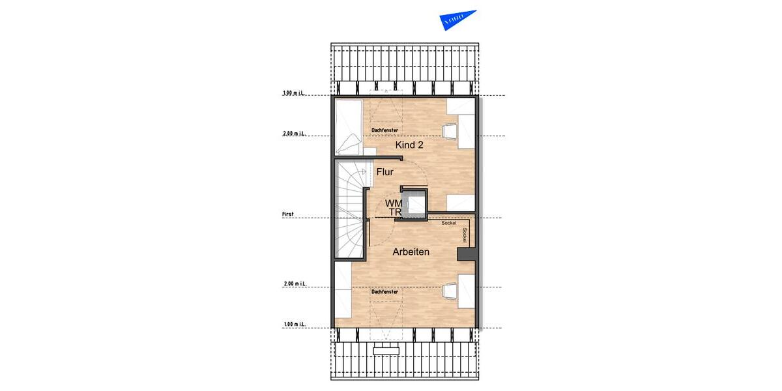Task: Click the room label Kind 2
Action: (409, 145)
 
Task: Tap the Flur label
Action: (385, 172)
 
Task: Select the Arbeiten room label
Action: (411, 252)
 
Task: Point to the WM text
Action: (394, 204)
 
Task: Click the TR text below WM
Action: (394, 212)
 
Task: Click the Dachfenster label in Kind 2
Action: (384, 130)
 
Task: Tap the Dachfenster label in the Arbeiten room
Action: (384, 292)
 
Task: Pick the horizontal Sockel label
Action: (448, 224)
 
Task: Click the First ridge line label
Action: (287, 214)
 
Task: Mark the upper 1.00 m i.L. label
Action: (295, 93)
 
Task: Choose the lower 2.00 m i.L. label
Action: (295, 284)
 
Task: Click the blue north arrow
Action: (457, 20)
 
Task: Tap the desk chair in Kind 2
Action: (450, 131)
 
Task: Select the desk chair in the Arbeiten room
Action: (450, 292)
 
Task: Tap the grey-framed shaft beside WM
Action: (415, 204)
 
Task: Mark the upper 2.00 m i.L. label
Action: (295, 134)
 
